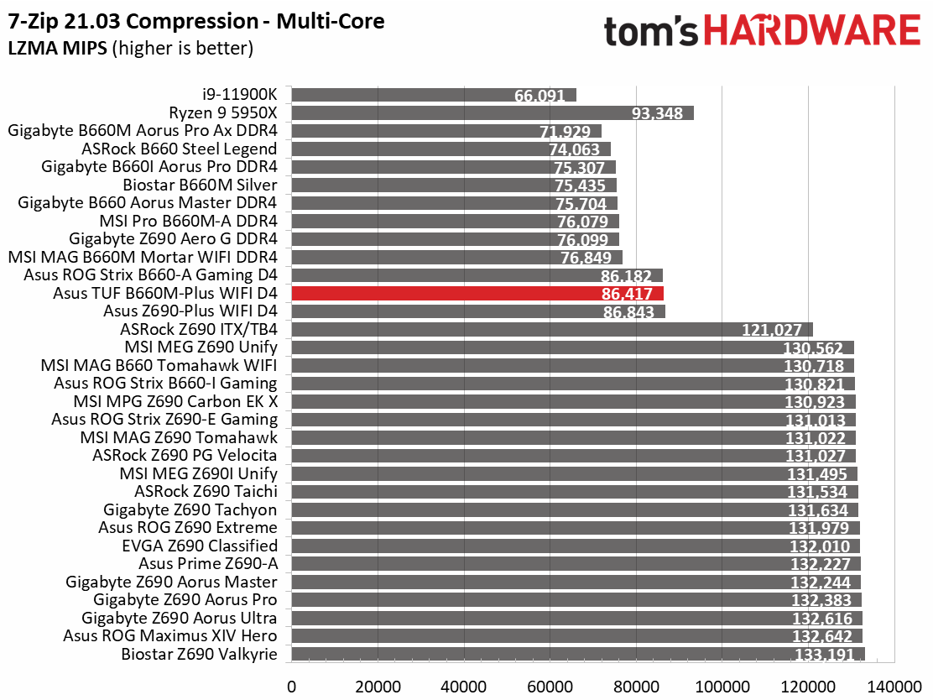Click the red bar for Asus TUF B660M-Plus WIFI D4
(x=477, y=294)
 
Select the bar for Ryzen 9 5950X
(x=493, y=113)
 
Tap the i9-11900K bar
(x=434, y=95)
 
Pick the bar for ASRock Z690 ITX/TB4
(x=552, y=330)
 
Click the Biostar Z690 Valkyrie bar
(x=578, y=654)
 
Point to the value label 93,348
(x=657, y=113)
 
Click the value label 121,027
(x=772, y=330)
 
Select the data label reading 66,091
(x=539, y=95)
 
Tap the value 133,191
(x=824, y=655)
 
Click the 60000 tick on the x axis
(x=550, y=687)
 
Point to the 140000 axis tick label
(x=894, y=687)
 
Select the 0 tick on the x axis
(x=292, y=687)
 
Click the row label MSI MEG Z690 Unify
(x=201, y=347)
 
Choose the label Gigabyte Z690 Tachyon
(x=190, y=509)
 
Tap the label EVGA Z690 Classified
(x=200, y=546)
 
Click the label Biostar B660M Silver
(x=200, y=185)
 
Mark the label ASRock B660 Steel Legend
(x=179, y=149)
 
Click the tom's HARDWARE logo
(x=762, y=30)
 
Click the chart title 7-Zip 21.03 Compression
(x=133, y=22)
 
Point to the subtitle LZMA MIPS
(x=58, y=48)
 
